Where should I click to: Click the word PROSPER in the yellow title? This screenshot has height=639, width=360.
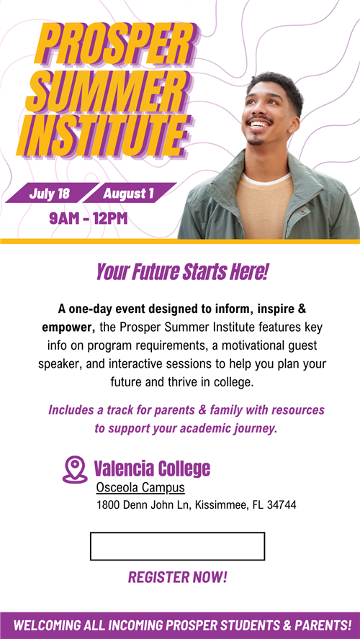(x=115, y=45)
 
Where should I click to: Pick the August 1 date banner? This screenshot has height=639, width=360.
(x=128, y=193)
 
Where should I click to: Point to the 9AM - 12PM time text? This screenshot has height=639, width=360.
(x=89, y=219)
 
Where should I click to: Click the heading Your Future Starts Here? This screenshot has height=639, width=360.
(x=182, y=272)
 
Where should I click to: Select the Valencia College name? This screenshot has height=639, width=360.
(x=152, y=468)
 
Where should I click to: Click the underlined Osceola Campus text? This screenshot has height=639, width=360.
(x=140, y=487)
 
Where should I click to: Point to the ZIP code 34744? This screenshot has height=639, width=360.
(x=282, y=505)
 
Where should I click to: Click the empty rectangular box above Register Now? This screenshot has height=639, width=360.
(x=177, y=546)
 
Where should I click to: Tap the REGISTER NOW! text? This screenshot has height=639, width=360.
(x=178, y=577)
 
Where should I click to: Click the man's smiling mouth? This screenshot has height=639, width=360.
(x=259, y=124)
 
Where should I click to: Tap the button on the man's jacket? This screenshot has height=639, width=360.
(x=302, y=212)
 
